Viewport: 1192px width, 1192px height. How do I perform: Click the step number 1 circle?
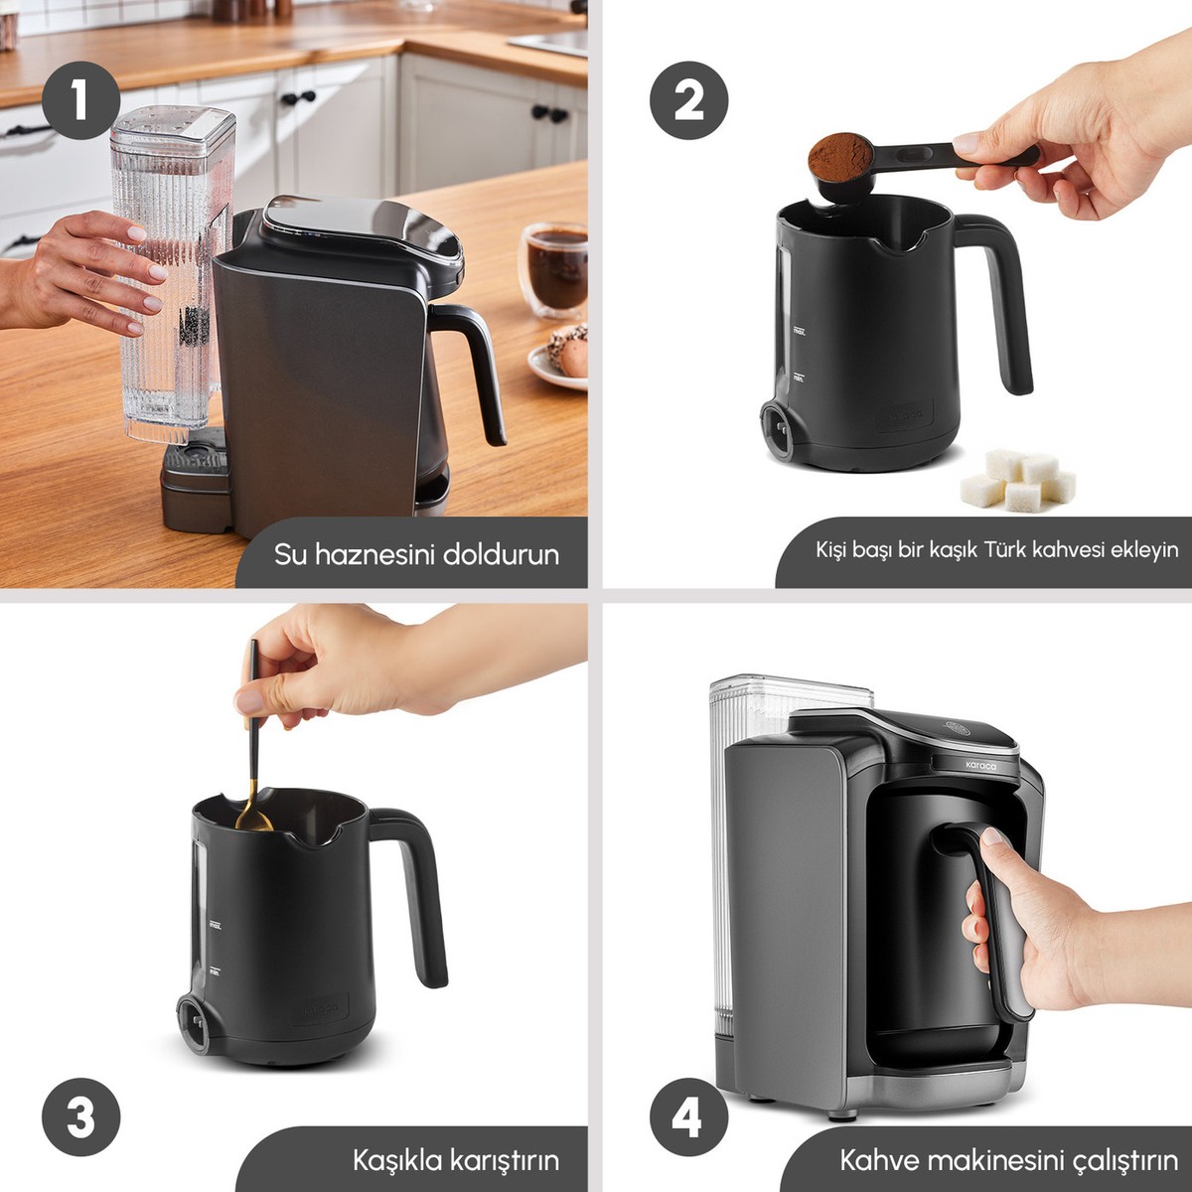click(81, 99)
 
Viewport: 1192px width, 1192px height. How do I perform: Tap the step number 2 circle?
click(688, 99)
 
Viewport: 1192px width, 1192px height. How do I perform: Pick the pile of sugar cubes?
click(1017, 480)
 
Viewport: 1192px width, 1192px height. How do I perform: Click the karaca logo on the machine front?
click(980, 765)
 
